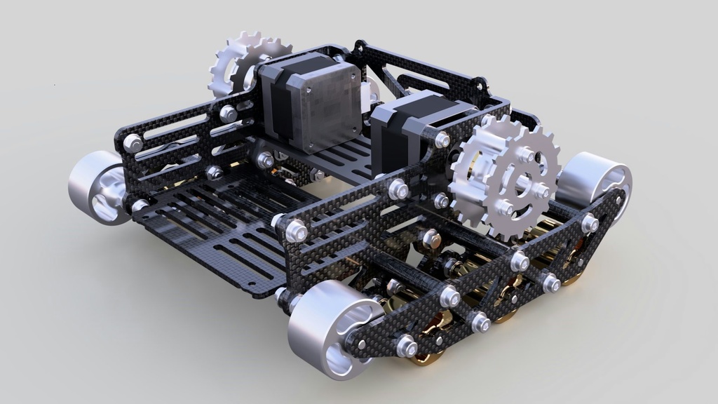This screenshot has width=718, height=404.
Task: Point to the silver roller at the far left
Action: point(97,188)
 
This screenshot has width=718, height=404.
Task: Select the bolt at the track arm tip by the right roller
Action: point(590,224)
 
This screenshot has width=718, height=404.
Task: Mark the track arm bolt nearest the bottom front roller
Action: point(405,345)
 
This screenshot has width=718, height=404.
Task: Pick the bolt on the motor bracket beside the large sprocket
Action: point(442,140)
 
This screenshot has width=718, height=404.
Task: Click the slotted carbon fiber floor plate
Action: point(210,224)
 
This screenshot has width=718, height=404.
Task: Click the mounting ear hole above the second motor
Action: point(480,87)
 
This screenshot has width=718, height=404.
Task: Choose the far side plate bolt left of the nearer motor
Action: point(229,113)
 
